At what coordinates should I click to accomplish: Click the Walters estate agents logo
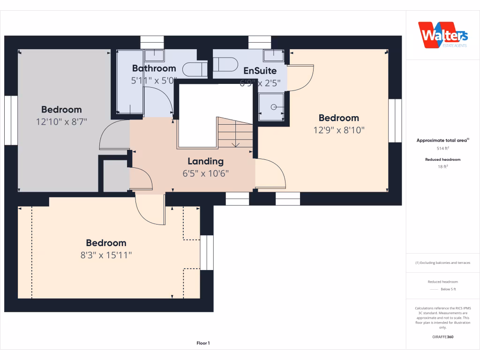pyautogui.click(x=443, y=35)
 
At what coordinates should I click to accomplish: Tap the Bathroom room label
pyautogui.click(x=154, y=68)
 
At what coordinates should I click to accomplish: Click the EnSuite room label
pyautogui.click(x=260, y=71)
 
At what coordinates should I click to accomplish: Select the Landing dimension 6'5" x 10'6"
pyautogui.click(x=206, y=173)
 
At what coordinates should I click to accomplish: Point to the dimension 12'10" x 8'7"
pyautogui.click(x=61, y=122)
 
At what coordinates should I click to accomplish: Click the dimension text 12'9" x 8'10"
pyautogui.click(x=339, y=130)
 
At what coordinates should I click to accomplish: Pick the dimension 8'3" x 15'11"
pyautogui.click(x=106, y=255)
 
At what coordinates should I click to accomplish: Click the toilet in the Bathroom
pyautogui.click(x=195, y=70)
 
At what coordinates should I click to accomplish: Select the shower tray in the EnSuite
pyautogui.click(x=271, y=106)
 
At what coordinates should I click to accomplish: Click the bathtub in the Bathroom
pyautogui.click(x=130, y=82)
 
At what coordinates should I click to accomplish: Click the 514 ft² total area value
pyautogui.click(x=443, y=148)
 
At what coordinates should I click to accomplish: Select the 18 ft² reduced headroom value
pyautogui.click(x=443, y=166)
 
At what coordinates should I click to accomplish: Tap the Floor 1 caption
pyautogui.click(x=203, y=344)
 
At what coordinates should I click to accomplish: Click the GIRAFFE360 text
pyautogui.click(x=443, y=337)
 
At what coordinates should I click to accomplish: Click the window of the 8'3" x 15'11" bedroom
pyautogui.click(x=207, y=253)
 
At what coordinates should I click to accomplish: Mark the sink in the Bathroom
pyautogui.click(x=154, y=55)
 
